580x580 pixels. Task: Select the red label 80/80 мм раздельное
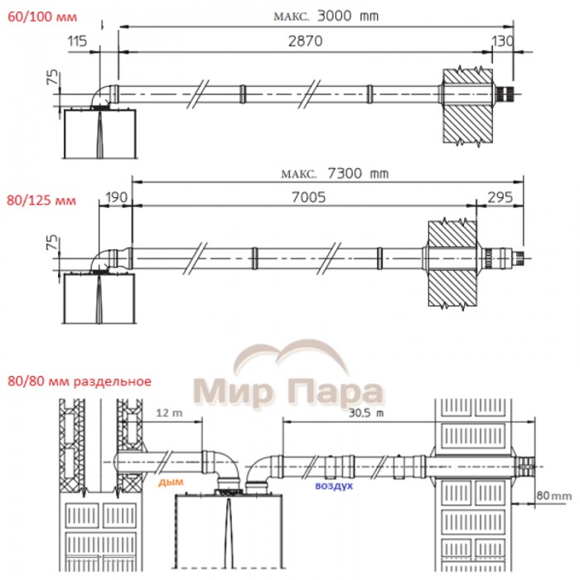pyautogui.click(x=78, y=382)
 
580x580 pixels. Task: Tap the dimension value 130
pyautogui.click(x=502, y=41)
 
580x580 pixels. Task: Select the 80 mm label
pyautogui.click(x=554, y=495)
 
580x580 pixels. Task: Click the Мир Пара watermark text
pyautogui.click(x=288, y=390)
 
